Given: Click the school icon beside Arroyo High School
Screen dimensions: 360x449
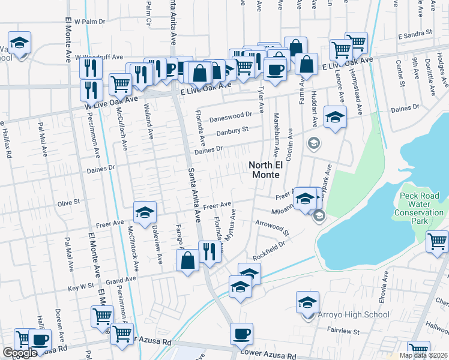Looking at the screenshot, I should pos(307,302).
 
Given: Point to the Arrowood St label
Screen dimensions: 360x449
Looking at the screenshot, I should pos(272,227).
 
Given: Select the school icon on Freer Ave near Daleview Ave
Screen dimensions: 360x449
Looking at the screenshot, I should pos(144,212).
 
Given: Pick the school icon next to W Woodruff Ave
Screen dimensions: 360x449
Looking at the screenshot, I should pos(20,43).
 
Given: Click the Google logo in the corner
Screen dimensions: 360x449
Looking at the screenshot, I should pos(20,353).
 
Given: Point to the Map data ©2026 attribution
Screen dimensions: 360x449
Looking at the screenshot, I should pos(423,355).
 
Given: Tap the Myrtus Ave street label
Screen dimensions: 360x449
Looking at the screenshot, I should pos(231,224).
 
